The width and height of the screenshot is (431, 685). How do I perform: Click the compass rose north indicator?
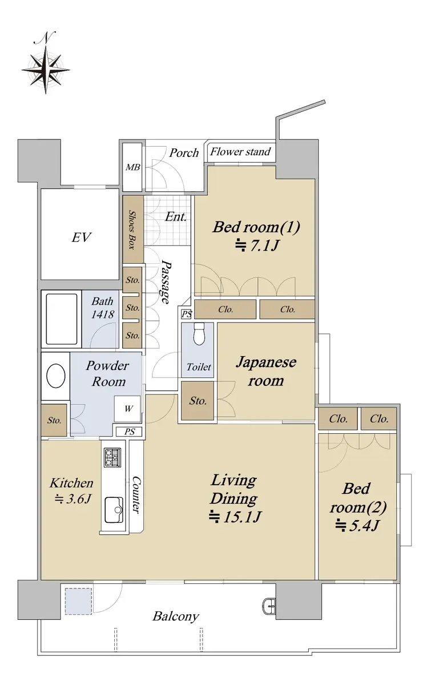[x=46, y=63]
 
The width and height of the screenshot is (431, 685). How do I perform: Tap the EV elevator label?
[x=81, y=237]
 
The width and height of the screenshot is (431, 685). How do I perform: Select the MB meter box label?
[x=133, y=167]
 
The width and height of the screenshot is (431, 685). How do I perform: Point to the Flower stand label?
[x=240, y=152]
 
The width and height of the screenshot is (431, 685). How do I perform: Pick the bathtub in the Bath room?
[x=62, y=319]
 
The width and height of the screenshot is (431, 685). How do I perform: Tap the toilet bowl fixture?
[x=199, y=335]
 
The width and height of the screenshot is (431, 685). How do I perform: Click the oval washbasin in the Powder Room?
[x=56, y=376]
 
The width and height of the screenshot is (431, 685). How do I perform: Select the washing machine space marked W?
[x=127, y=409]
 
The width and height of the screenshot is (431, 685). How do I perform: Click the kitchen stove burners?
[x=112, y=457]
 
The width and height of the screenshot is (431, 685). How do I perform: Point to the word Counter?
[x=136, y=495]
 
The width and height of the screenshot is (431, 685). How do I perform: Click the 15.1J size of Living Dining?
[x=235, y=517]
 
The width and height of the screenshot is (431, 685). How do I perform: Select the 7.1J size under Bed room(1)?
[x=256, y=245]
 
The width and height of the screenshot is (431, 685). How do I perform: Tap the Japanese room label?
[x=266, y=371]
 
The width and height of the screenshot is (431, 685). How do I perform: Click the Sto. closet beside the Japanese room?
[x=198, y=401]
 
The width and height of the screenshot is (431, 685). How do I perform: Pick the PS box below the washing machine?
[x=129, y=432]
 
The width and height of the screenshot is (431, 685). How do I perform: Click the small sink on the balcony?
[x=269, y=605]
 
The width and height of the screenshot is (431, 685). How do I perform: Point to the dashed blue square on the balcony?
[x=78, y=601]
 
